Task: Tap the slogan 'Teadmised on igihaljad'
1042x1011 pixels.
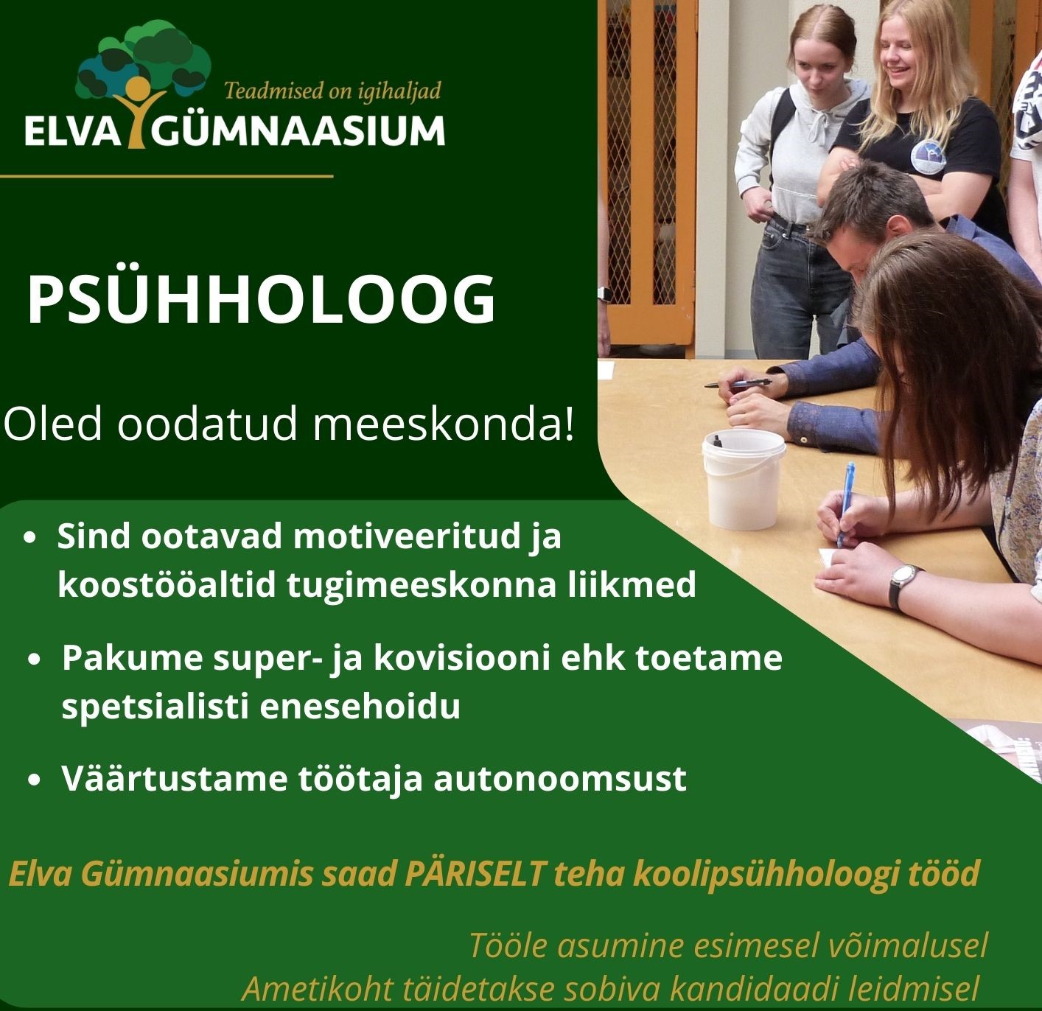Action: (x=332, y=91)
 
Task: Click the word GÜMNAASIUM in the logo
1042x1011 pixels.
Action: (x=298, y=130)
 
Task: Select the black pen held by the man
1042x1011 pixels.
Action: (x=738, y=383)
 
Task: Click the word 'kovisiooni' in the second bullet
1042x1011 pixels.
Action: (x=462, y=658)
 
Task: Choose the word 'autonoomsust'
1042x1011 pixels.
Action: (x=560, y=779)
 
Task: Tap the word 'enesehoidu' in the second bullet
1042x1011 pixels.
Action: (x=360, y=707)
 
